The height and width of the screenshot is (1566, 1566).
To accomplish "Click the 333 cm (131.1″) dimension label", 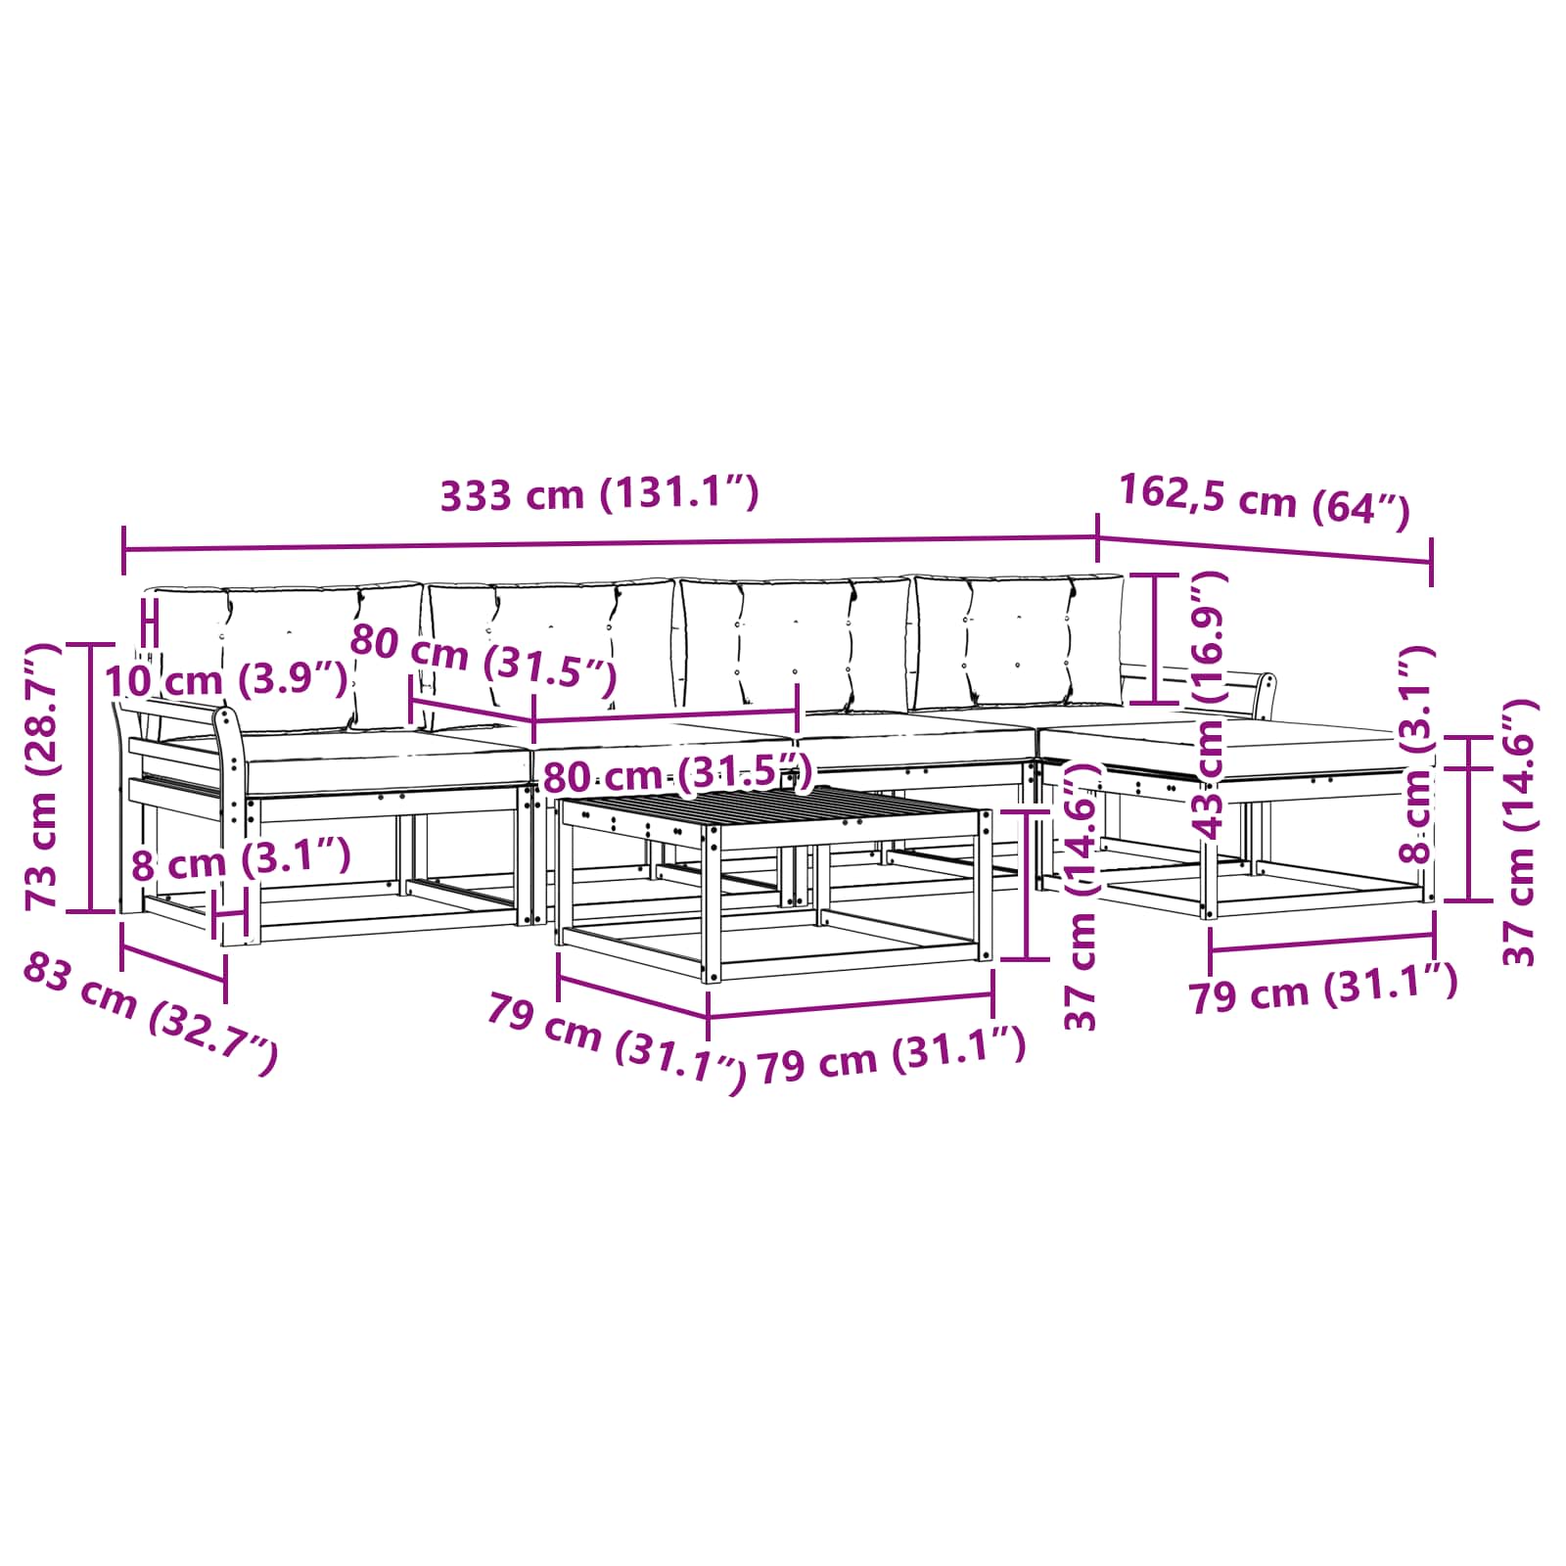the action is coord(600,494).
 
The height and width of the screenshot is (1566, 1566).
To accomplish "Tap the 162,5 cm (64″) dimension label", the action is coord(1264,501).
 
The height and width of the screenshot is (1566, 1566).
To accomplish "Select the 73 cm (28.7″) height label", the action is coord(43,776).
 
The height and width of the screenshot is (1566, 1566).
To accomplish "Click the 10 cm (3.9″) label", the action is coord(225,679).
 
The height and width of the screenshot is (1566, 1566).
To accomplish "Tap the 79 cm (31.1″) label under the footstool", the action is coord(1323,990).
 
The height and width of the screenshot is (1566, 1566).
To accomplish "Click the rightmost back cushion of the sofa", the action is coord(1019,642).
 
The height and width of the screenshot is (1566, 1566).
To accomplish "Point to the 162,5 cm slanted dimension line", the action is coord(1265,549).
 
